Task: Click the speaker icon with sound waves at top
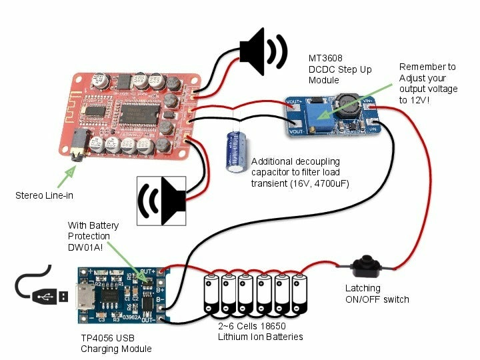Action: (x=263, y=52)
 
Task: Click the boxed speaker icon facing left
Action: (x=161, y=201)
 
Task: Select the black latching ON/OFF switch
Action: (x=365, y=267)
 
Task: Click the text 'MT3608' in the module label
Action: (x=325, y=58)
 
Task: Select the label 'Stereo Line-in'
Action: (x=44, y=195)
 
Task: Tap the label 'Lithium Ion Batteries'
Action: (x=261, y=337)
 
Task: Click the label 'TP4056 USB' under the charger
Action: (x=107, y=338)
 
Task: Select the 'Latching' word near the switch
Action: (x=363, y=288)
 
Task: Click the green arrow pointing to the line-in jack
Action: (x=66, y=177)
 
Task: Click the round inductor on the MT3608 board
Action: (x=347, y=105)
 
